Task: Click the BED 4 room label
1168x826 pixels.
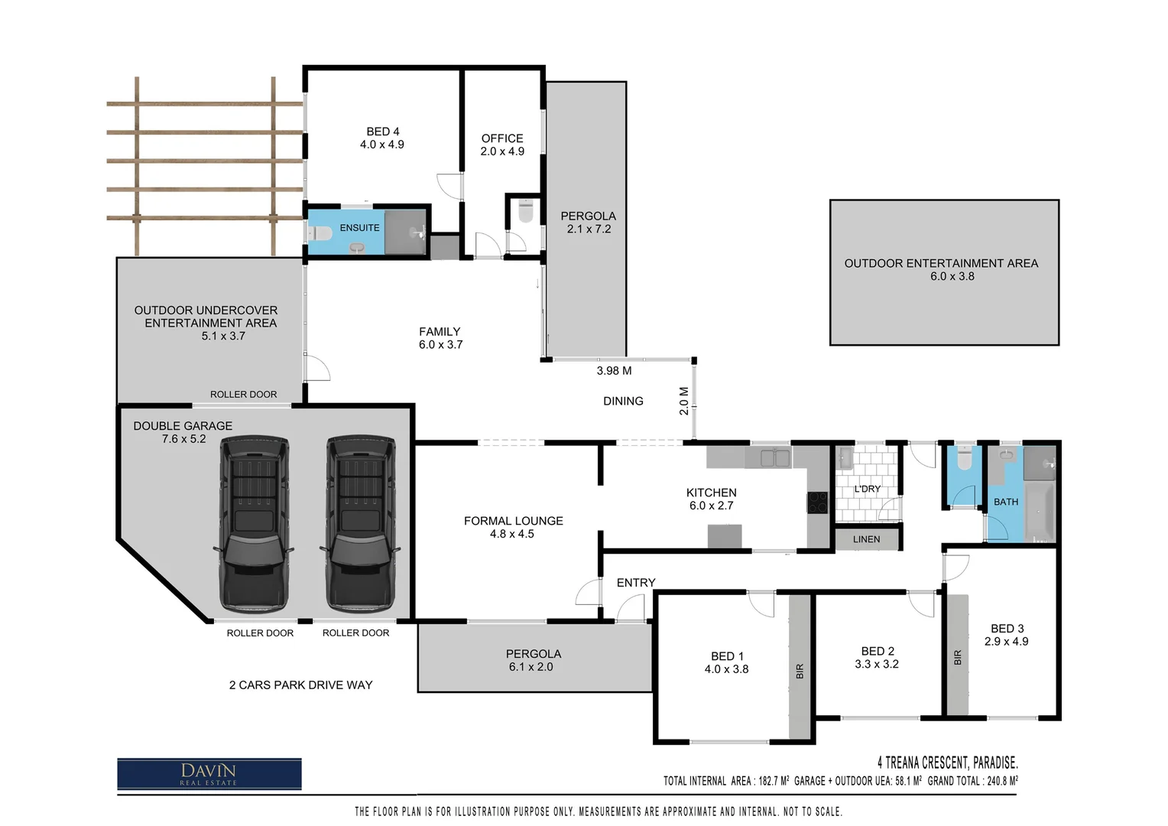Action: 382,132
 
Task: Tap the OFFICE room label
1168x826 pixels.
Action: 502,138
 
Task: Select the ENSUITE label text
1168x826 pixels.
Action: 359,228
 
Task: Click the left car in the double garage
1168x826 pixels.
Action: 255,524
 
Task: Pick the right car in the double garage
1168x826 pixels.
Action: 361,524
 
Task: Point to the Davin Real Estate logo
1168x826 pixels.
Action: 209,773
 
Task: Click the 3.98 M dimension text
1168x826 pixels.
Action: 614,371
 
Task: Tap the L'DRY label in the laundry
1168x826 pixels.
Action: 867,489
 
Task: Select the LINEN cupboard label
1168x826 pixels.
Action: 866,539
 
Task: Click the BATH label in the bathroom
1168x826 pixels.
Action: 1005,502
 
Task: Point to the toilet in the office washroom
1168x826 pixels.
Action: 525,211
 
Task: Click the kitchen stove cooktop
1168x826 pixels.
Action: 817,502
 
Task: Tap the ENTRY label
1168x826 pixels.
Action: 636,583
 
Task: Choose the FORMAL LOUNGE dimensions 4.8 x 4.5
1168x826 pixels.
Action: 512,534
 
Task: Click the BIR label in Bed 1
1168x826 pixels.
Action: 800,672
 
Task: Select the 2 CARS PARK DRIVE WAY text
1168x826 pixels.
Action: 300,685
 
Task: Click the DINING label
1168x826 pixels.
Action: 623,401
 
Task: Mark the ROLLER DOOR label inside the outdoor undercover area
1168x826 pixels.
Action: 243,395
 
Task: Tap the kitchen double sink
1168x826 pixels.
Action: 770,459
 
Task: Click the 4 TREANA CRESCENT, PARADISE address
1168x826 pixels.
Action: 947,763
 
